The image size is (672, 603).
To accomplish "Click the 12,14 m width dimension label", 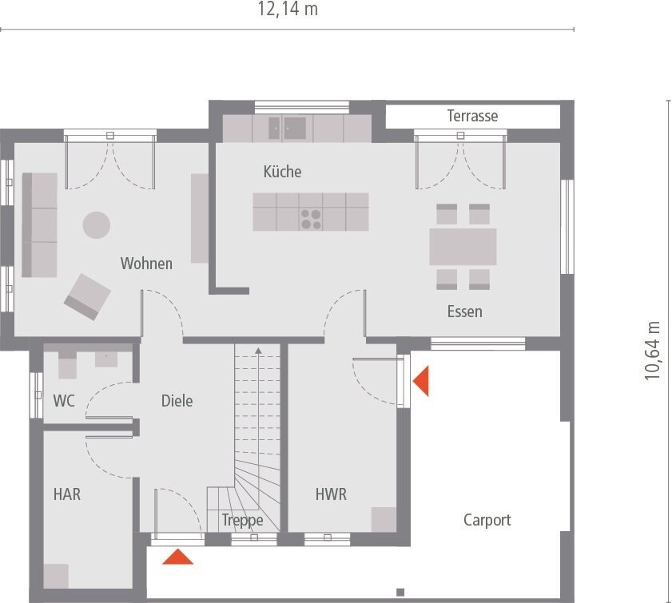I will pyautogui.click(x=287, y=10).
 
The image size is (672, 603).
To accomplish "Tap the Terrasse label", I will pyautogui.click(x=472, y=116).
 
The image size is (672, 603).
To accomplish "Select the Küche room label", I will pyautogui.click(x=282, y=172).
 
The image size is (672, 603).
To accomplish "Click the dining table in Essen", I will pyautogui.click(x=463, y=247).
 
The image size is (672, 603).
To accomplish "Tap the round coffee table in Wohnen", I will pyautogui.click(x=97, y=224).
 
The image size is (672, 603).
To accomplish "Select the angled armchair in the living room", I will pyautogui.click(x=86, y=296).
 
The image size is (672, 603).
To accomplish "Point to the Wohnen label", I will pyautogui.click(x=146, y=264).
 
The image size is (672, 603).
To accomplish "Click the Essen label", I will pyautogui.click(x=464, y=311).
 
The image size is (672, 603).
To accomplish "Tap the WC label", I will pyautogui.click(x=64, y=401).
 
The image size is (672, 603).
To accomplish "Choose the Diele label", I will pyautogui.click(x=177, y=401).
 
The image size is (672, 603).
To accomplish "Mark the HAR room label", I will pyautogui.click(x=67, y=494).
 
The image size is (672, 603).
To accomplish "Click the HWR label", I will pyautogui.click(x=331, y=494).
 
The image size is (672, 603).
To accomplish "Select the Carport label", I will pyautogui.click(x=487, y=520).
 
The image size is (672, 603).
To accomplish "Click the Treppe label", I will pyautogui.click(x=243, y=521).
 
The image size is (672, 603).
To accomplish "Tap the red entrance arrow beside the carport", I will pyautogui.click(x=420, y=381).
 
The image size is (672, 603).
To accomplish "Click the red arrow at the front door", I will pyautogui.click(x=177, y=557).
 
